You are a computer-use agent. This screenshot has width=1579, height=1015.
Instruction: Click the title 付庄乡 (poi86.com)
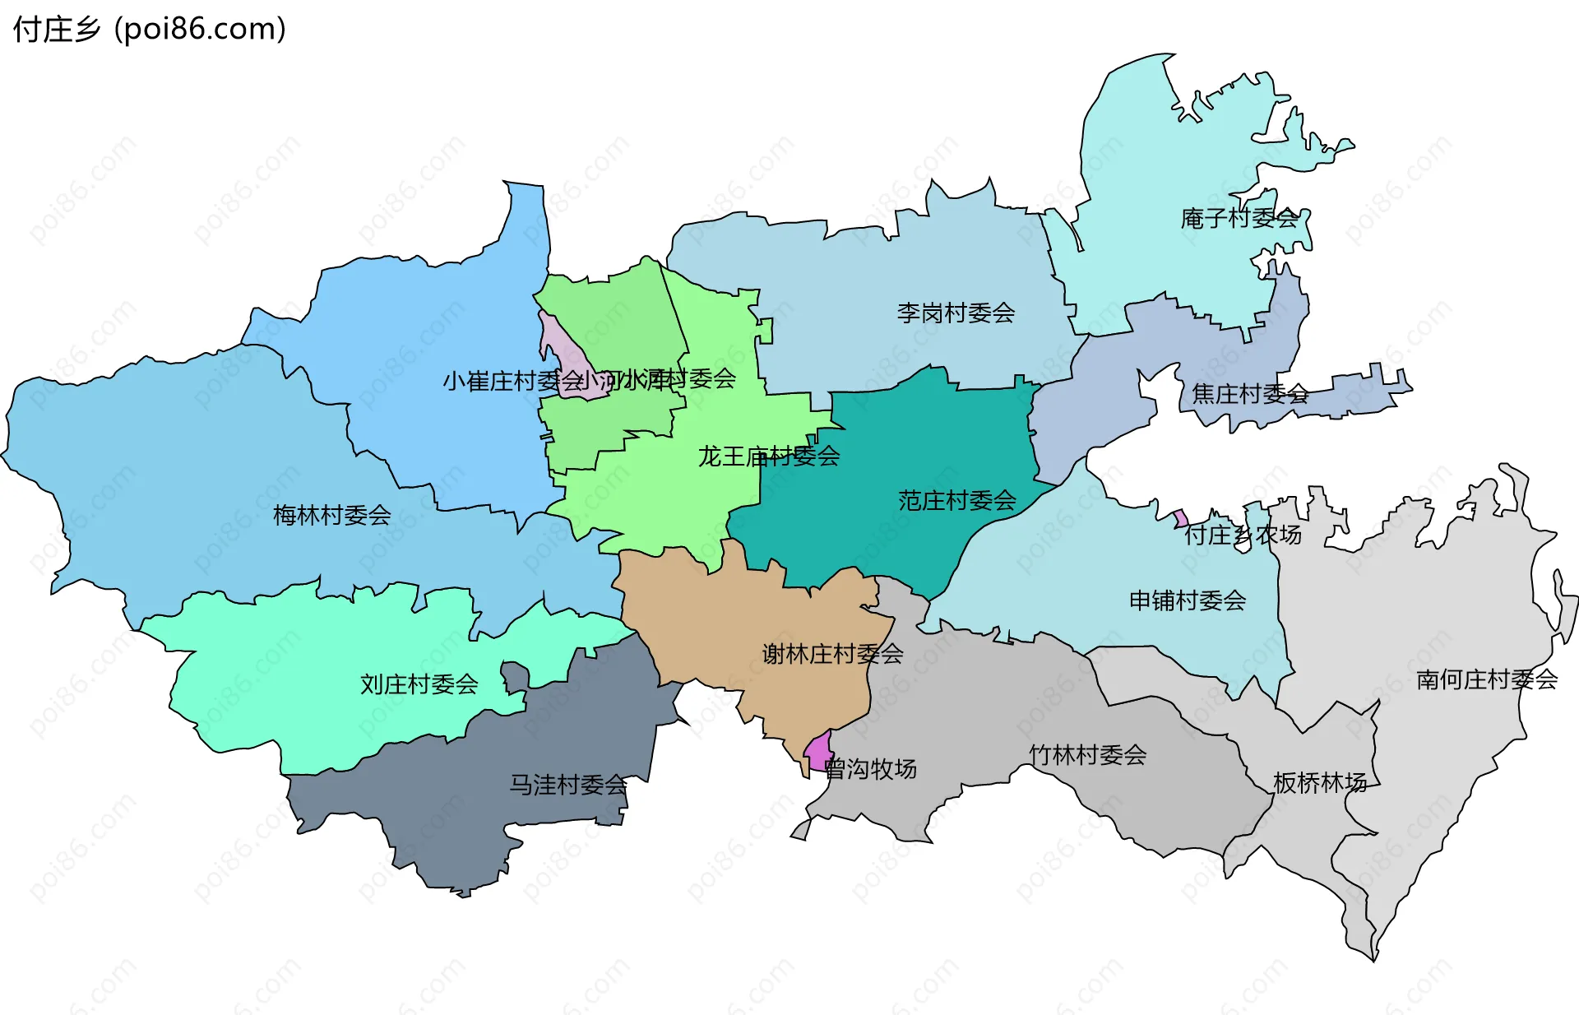(x=150, y=29)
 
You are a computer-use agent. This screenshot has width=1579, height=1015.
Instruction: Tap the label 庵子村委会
(x=1239, y=218)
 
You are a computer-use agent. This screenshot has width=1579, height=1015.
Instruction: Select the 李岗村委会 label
(x=956, y=313)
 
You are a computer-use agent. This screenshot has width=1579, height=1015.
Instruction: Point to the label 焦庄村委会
(x=1250, y=394)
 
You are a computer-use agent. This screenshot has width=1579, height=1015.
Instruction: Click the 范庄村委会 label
(x=957, y=500)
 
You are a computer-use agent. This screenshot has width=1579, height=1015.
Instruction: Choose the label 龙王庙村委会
(x=769, y=456)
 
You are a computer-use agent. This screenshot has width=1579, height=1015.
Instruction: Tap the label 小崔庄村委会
(x=512, y=381)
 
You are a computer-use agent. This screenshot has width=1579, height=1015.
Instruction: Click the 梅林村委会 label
(x=332, y=515)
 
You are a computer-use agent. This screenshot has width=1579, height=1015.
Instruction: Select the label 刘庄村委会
(x=419, y=684)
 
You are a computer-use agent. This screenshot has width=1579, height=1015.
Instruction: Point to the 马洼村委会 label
(x=568, y=784)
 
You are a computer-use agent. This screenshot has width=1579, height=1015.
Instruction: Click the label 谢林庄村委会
(x=832, y=654)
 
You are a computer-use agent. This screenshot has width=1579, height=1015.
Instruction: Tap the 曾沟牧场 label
(x=870, y=769)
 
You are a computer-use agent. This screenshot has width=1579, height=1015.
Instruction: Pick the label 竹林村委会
(x=1088, y=754)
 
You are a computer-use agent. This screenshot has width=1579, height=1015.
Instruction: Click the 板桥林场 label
(x=1320, y=782)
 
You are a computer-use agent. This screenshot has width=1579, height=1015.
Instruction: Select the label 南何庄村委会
(x=1487, y=679)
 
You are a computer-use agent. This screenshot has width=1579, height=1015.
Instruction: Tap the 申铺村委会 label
(x=1188, y=600)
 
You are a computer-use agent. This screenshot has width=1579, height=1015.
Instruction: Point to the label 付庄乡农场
(x=1243, y=535)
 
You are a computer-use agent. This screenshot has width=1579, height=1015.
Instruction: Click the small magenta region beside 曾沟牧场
(x=818, y=751)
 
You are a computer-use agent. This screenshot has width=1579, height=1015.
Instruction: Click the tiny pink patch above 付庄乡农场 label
(x=1180, y=518)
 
